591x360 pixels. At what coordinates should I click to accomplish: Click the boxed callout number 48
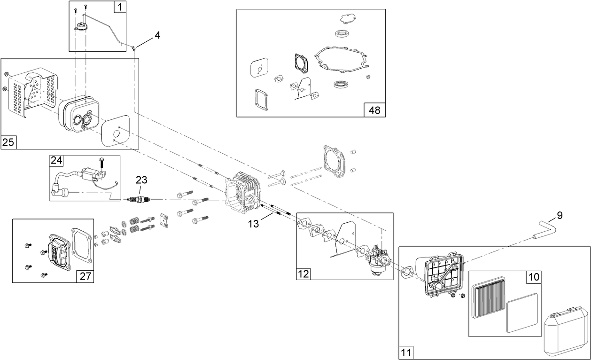[x=374, y=110]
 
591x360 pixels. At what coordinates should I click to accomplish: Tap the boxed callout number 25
[x=8, y=142]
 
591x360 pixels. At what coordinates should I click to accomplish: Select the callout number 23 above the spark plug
[x=141, y=180]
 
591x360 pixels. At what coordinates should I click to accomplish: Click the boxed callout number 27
[x=85, y=276]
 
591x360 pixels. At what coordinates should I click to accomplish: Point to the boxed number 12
[x=303, y=274]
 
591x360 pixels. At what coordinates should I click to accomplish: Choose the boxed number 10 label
[x=534, y=277]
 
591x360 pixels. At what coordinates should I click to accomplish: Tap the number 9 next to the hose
[x=560, y=216]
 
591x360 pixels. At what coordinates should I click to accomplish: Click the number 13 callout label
[x=253, y=224]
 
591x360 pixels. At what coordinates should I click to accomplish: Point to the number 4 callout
[x=157, y=35]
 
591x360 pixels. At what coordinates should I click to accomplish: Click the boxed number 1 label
[x=120, y=7]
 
